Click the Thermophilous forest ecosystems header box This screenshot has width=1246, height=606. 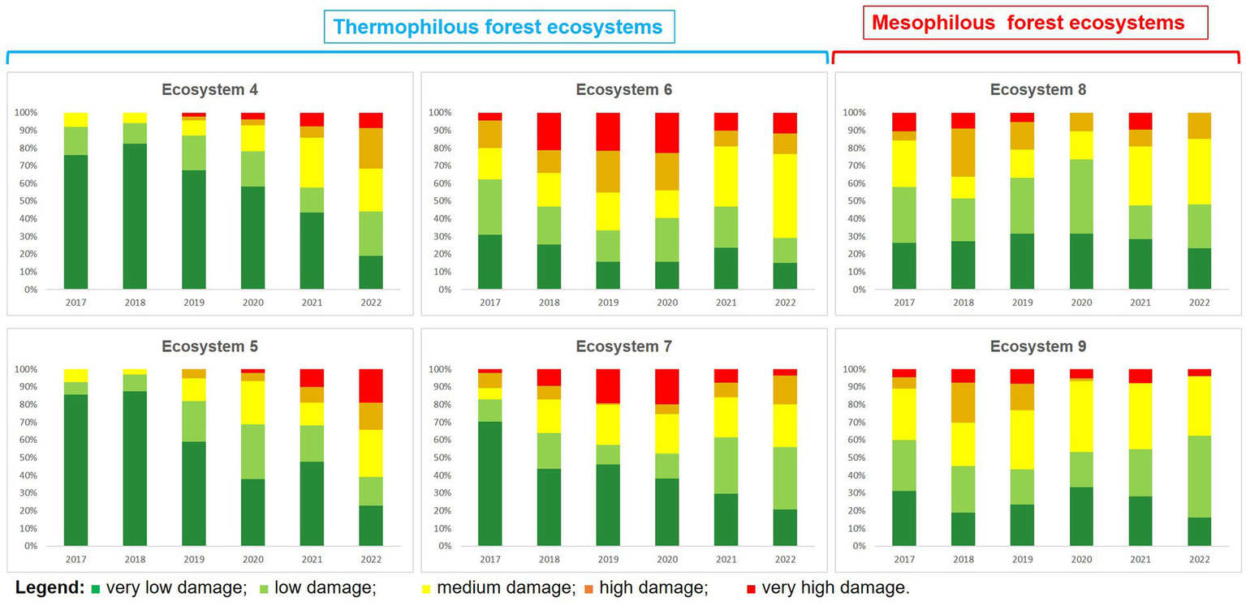click(498, 27)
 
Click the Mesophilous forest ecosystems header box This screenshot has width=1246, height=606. click(1028, 23)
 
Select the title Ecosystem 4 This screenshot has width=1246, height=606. click(209, 90)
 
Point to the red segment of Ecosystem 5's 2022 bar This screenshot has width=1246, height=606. click(371, 385)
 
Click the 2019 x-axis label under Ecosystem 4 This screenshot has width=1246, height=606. click(194, 303)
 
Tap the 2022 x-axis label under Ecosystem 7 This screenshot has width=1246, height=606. click(785, 559)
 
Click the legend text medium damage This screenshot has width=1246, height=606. click(504, 588)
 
